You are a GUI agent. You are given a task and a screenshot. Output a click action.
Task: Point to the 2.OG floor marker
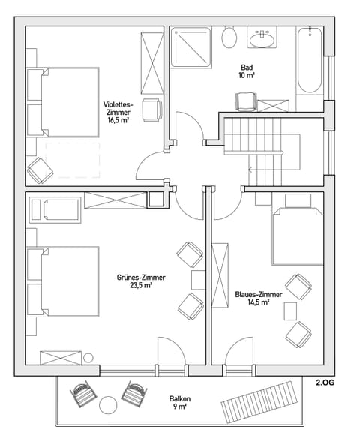[325, 382]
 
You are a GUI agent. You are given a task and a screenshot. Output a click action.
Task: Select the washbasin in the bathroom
[263, 37]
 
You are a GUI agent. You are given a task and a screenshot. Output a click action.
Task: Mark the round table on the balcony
[109, 404]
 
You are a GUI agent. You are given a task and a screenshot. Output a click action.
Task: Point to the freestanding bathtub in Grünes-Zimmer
[60, 209]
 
